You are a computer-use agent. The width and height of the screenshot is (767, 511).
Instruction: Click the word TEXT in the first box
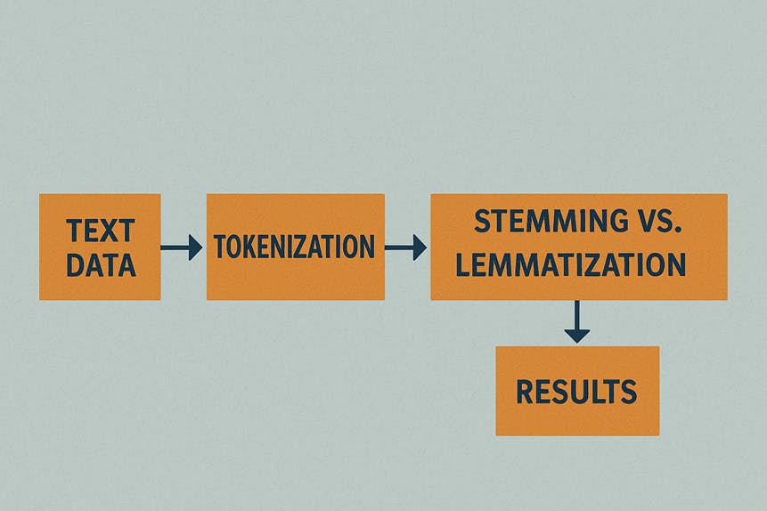tap(100, 231)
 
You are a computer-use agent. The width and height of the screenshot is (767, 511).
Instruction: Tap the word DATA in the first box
tap(100, 264)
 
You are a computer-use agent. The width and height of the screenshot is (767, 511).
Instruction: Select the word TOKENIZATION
tap(295, 247)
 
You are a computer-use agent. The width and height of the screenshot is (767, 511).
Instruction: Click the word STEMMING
tap(544, 223)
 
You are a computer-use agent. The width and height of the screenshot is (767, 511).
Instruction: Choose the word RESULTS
tap(576, 391)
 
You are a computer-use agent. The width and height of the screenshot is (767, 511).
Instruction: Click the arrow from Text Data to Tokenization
tap(182, 247)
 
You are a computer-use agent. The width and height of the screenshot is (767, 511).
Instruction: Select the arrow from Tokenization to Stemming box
tap(405, 247)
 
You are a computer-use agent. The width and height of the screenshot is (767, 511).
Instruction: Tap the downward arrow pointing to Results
tap(576, 321)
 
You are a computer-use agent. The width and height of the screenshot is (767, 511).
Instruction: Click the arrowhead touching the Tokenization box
tap(195, 247)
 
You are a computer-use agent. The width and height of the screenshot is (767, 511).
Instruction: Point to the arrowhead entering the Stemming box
tap(419, 247)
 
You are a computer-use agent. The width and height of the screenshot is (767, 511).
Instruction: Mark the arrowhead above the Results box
tap(576, 335)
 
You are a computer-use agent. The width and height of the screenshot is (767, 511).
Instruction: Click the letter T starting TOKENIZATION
tap(221, 247)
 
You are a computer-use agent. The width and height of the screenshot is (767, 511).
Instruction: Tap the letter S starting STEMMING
tap(483, 223)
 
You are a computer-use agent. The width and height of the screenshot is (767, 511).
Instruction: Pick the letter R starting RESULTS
tap(525, 391)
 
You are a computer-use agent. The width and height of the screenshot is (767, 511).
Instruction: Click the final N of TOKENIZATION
tap(367, 247)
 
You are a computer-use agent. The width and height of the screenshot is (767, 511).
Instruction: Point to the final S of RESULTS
tap(629, 391)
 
